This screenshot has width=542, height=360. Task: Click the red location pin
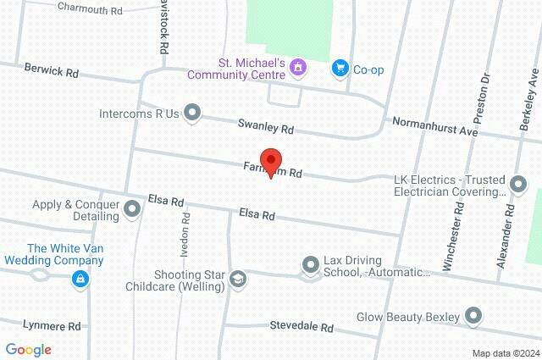[x=270, y=161]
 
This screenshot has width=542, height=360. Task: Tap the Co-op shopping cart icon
[x=340, y=68]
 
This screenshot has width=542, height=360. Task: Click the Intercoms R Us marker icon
[x=193, y=112]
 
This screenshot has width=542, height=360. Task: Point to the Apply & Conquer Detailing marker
[x=132, y=208]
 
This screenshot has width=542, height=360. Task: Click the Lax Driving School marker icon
[x=310, y=266]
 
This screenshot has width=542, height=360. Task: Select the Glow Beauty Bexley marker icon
[x=473, y=317]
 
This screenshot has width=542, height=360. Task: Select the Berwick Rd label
[x=51, y=70]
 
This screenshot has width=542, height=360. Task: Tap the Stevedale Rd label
[x=301, y=326]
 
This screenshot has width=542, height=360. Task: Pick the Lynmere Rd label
[x=52, y=325]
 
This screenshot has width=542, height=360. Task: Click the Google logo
[x=28, y=349]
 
